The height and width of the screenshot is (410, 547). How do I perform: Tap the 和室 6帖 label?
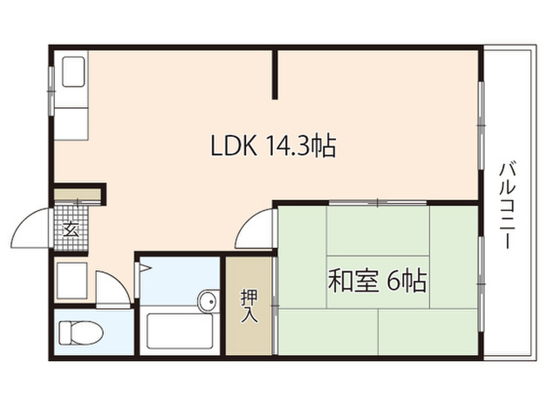click(377, 281)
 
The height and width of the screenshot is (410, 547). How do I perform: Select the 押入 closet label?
click(249, 305)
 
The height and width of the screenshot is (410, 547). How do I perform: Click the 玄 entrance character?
click(71, 230)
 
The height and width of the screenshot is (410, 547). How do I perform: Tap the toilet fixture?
click(80, 332)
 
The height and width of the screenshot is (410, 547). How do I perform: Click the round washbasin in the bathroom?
click(208, 301)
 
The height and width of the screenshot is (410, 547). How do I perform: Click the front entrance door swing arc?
click(32, 227)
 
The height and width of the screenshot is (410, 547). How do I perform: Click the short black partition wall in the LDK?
click(275, 75)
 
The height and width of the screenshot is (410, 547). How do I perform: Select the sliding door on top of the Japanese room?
click(377, 202)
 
